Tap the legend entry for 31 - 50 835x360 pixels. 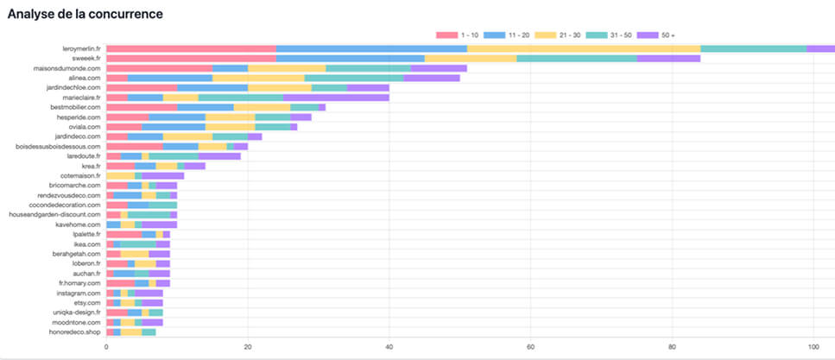pos(602,35)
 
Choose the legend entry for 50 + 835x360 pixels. pos(656,35)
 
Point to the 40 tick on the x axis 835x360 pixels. pos(389,347)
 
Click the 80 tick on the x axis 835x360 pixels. pos(673,347)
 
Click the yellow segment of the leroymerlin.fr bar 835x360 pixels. pos(583,49)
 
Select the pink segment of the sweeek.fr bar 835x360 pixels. pos(191,59)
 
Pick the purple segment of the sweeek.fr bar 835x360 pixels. pos(668,59)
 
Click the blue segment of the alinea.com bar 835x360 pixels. pos(170,78)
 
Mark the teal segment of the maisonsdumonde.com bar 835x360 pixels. pos(368,68)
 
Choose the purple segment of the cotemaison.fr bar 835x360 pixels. pos(163,175)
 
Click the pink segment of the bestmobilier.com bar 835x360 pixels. pos(142,107)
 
